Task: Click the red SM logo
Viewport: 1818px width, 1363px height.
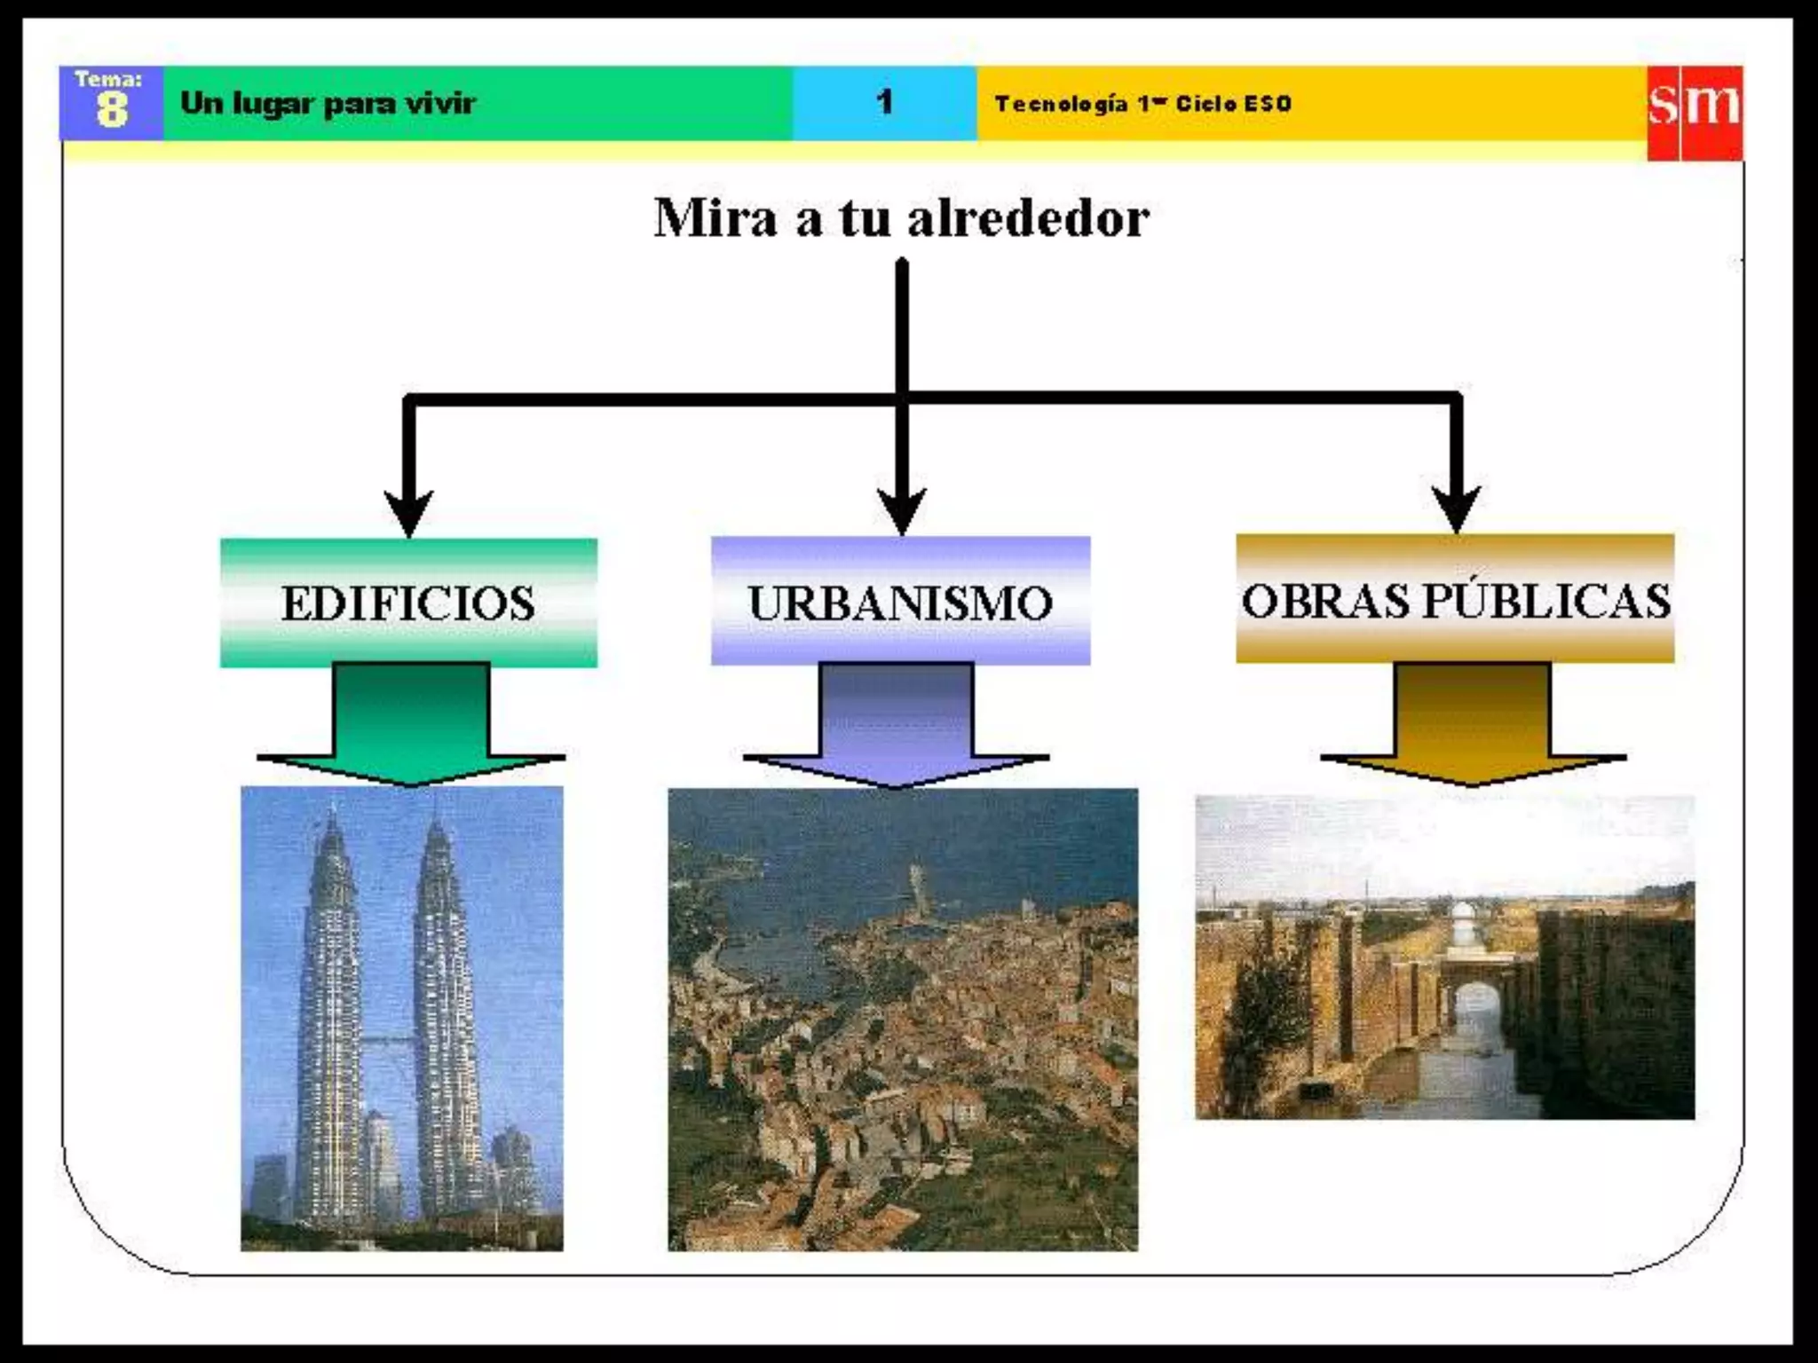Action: coord(1694,112)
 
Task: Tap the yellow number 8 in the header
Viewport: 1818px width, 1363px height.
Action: coord(112,112)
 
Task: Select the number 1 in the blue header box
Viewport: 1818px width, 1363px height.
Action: coord(884,103)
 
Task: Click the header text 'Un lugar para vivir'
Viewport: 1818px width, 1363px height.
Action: coord(328,104)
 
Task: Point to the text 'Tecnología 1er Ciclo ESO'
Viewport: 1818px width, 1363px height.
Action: coord(1142,104)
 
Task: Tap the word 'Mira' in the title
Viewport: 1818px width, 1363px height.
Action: coord(715,218)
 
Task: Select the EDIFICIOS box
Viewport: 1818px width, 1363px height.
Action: coord(408,603)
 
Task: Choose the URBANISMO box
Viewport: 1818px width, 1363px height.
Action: coord(900,601)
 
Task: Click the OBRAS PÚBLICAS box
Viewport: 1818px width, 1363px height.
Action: coord(1455,599)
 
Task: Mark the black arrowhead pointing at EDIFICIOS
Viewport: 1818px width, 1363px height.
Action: coord(408,513)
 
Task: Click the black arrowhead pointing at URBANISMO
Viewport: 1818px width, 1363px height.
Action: coord(902,511)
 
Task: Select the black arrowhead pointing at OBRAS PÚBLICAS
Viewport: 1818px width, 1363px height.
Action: coord(1456,509)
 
